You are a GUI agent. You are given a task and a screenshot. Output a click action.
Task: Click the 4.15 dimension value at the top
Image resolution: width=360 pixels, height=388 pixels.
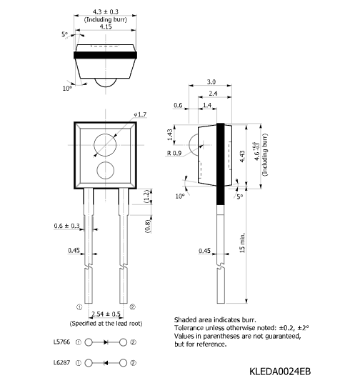coord(106,26)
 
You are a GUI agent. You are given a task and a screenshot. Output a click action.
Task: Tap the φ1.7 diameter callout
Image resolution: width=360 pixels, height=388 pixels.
coord(140,114)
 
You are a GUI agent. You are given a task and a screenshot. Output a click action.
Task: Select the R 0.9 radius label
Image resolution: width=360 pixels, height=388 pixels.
coord(174,153)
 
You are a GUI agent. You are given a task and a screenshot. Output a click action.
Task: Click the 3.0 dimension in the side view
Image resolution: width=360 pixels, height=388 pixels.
coord(211,82)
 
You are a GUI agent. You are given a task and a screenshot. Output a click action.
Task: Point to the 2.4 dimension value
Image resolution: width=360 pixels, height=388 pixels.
coord(213,94)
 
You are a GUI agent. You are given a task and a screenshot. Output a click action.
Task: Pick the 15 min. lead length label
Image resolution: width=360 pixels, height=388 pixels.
coord(242,242)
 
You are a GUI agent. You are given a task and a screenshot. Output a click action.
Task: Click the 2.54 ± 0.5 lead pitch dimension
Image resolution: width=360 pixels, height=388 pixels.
coord(106,314)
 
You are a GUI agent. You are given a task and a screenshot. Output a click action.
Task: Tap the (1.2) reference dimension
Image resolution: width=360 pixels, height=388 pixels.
coord(146,197)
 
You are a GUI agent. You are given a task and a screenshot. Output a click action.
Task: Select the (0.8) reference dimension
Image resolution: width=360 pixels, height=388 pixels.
coord(148,227)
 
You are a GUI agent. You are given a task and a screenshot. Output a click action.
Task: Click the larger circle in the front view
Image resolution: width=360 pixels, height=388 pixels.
coord(105,134)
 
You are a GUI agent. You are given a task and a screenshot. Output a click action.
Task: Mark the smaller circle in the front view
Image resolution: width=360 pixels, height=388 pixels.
coord(106,161)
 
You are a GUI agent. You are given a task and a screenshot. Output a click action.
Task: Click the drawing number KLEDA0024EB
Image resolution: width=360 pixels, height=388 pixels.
coord(280,372)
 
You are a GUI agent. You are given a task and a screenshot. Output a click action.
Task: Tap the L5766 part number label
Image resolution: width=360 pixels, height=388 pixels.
coord(62,342)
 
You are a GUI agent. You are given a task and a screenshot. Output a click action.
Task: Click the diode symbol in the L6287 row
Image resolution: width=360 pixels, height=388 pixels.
coord(106,363)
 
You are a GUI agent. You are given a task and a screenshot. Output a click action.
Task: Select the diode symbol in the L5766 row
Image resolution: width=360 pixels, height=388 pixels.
coord(106,342)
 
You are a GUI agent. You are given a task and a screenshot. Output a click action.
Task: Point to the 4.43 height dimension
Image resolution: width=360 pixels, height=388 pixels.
coord(242,156)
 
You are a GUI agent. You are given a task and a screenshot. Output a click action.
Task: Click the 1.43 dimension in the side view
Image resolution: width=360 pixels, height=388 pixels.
coord(170,134)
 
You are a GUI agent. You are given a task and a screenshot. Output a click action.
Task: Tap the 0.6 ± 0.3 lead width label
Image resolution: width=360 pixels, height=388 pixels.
coord(67,226)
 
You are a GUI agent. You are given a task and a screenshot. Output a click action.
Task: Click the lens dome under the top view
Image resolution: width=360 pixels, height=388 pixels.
coord(106,83)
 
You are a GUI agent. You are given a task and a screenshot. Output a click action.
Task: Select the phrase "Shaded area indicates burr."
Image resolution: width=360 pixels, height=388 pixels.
coord(215,319)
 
